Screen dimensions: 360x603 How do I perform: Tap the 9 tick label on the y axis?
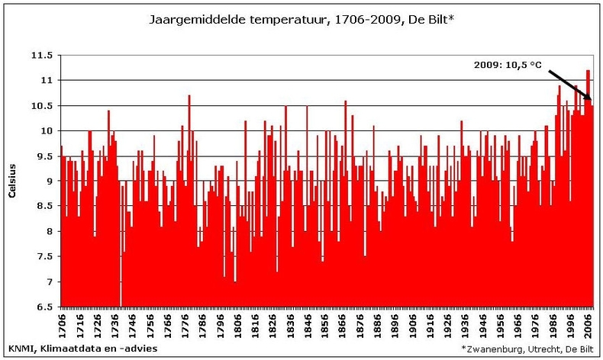click(x=48, y=181)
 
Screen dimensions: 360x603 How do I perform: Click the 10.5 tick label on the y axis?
click(x=42, y=105)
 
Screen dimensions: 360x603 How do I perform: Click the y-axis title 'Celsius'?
click(x=13, y=180)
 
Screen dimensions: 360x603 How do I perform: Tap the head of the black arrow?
click(x=590, y=99)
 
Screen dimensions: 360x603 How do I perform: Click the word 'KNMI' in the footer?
click(x=21, y=348)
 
